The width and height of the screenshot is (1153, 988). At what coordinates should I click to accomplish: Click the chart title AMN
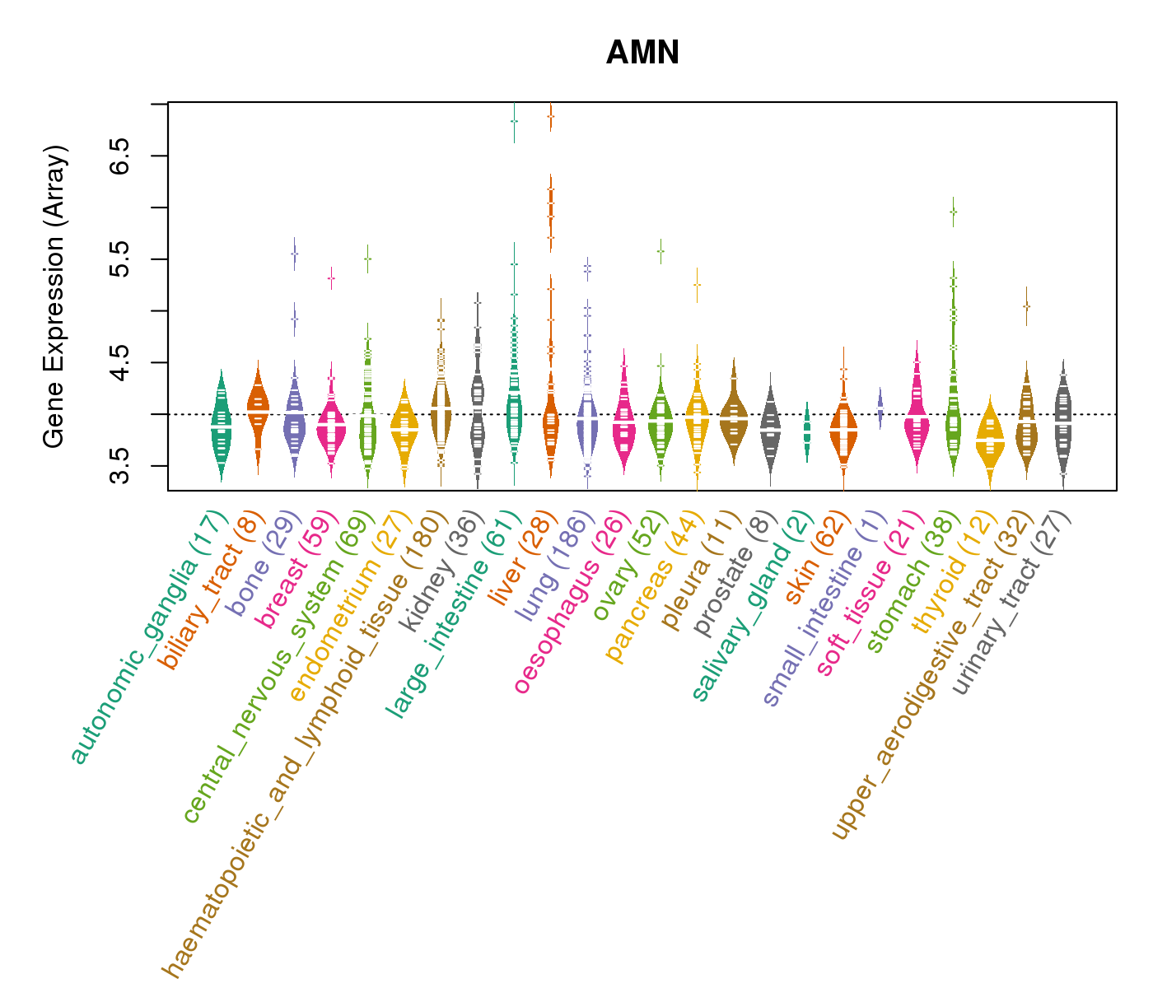click(x=642, y=54)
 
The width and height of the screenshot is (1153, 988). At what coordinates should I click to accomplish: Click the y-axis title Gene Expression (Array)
click(x=54, y=297)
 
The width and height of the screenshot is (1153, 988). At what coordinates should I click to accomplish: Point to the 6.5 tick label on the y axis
click(x=121, y=156)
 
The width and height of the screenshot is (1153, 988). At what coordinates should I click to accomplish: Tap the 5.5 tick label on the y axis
click(x=121, y=259)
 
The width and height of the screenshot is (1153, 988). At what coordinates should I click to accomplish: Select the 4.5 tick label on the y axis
click(x=121, y=362)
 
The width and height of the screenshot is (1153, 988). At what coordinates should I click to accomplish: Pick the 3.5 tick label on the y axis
click(x=121, y=466)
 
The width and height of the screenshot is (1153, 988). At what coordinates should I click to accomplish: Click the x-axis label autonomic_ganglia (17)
click(x=149, y=637)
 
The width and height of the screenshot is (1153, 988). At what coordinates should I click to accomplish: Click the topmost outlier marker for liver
click(x=550, y=117)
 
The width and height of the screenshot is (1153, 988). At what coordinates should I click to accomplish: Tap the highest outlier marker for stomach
click(x=953, y=212)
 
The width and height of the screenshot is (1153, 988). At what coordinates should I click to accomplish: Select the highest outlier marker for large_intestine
click(x=514, y=121)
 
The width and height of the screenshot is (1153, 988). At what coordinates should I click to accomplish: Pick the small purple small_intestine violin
click(x=880, y=408)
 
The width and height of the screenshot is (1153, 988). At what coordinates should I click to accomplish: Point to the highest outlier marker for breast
click(x=331, y=278)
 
